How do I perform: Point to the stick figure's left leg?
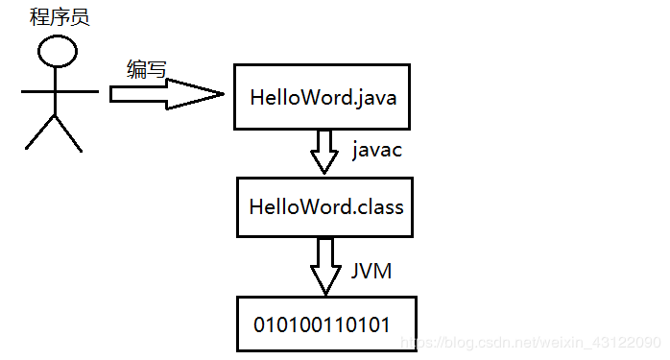coord(40,132)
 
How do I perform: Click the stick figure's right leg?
coord(68,132)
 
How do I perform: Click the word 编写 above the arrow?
coord(146,69)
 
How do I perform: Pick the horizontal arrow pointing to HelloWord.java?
coord(163,93)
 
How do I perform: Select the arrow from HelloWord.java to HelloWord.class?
coord(325,151)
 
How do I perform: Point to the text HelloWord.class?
coord(325,206)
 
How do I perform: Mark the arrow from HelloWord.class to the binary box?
coord(325,266)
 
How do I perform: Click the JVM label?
coord(371,272)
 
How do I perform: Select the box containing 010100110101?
coord(325,324)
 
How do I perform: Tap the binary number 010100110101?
coord(322,324)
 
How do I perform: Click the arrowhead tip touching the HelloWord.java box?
coord(223,93)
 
